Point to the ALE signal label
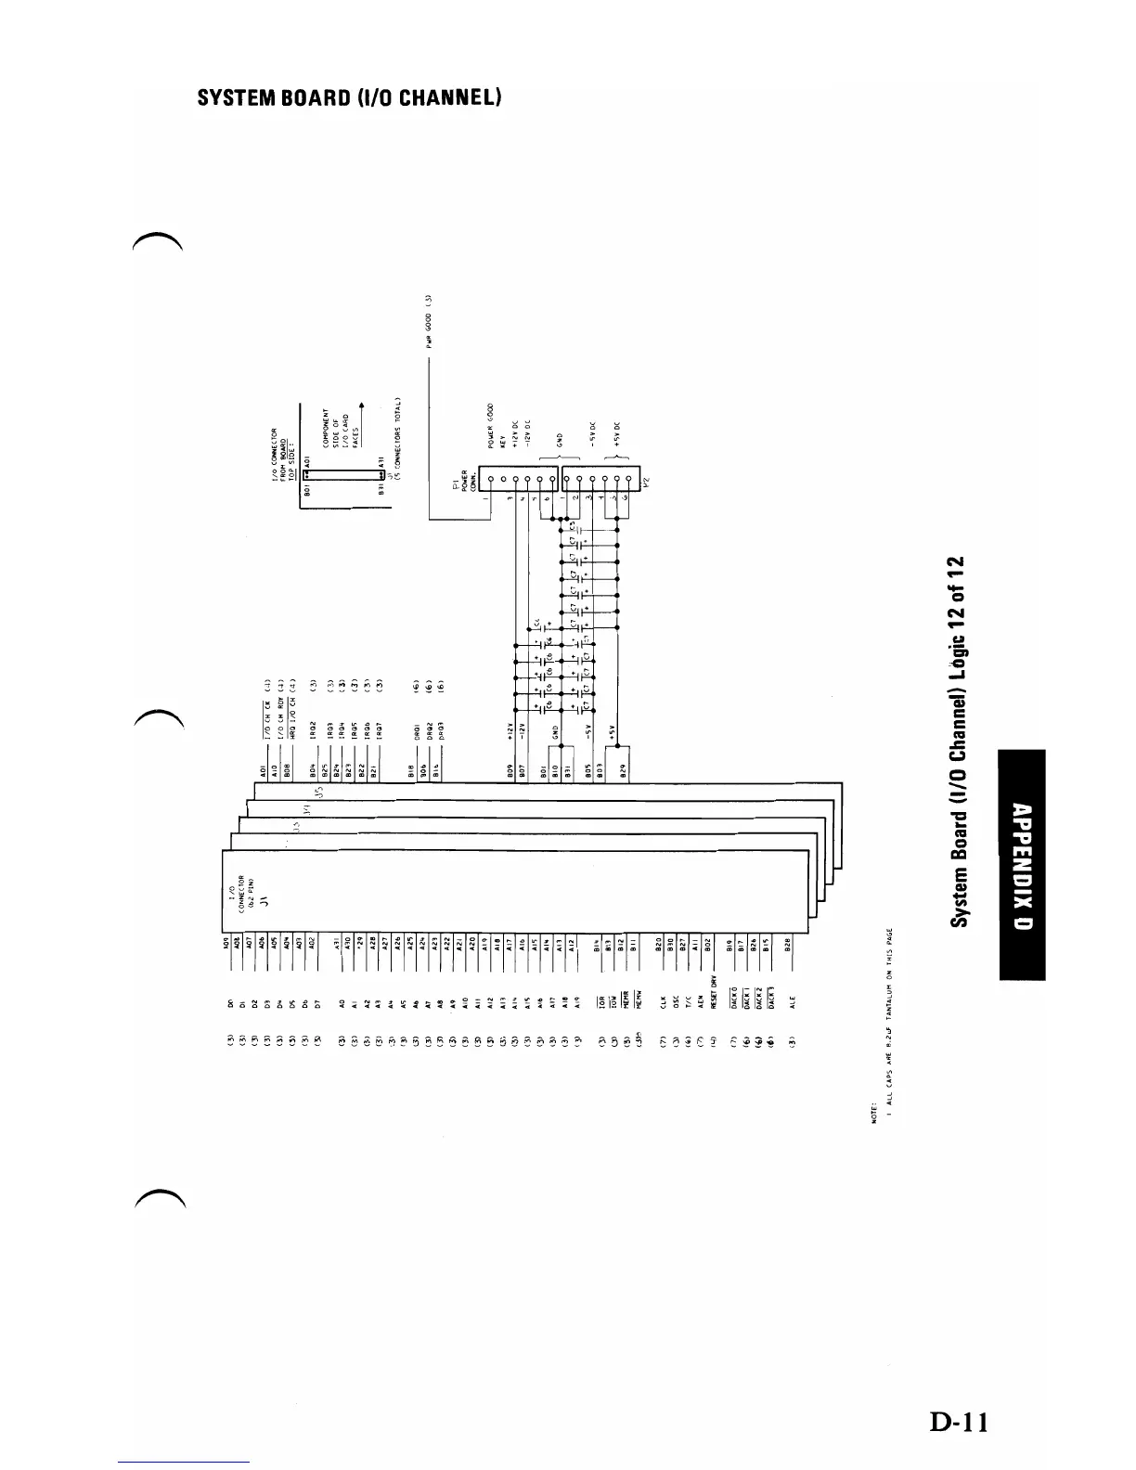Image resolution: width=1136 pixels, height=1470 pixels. click(x=790, y=1002)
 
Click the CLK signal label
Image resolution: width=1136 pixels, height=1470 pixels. click(x=663, y=1002)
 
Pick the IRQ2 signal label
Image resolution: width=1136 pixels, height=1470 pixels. click(x=315, y=729)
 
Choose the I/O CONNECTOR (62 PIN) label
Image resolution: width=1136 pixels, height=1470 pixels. click(x=240, y=896)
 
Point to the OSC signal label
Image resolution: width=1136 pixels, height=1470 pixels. click(x=676, y=1002)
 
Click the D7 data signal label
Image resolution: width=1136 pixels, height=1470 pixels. click(x=316, y=1003)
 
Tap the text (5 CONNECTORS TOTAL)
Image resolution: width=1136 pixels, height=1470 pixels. click(x=396, y=434)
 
